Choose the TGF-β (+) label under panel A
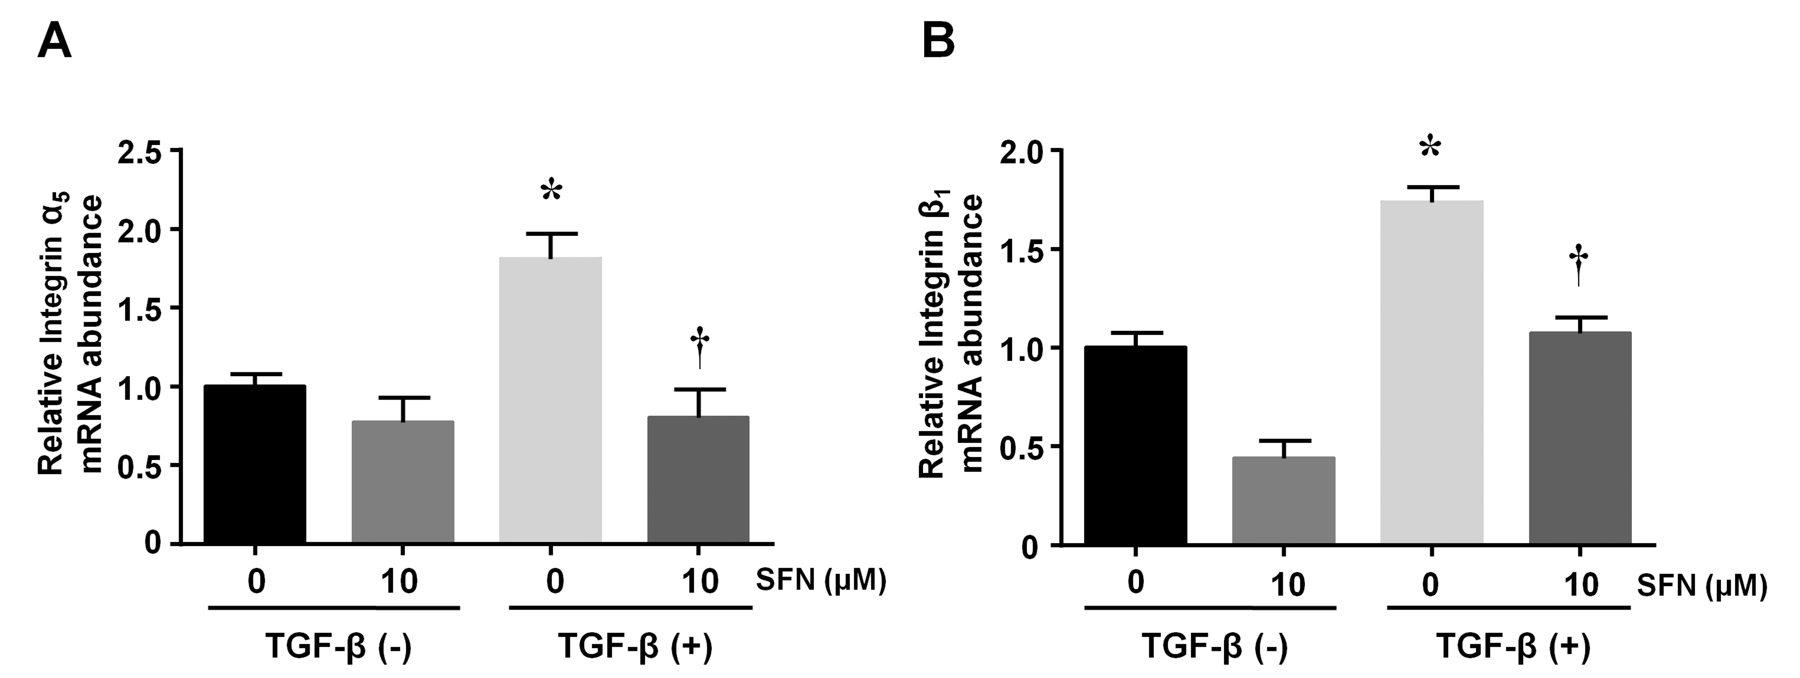point(634,646)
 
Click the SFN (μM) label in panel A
point(821,580)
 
